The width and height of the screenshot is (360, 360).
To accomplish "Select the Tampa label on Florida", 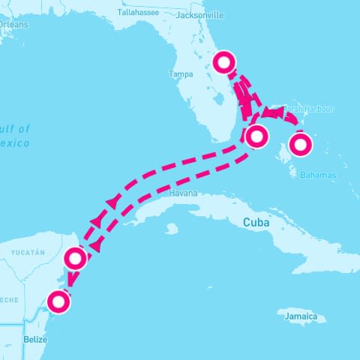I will pyautogui.click(x=181, y=74).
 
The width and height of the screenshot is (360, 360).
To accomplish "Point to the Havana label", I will pyautogui.click(x=183, y=193).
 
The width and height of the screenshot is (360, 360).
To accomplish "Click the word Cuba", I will pyautogui.click(x=256, y=222).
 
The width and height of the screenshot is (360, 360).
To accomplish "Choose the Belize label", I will pyautogui.click(x=35, y=339).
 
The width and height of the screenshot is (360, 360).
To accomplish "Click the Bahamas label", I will pyautogui.click(x=318, y=175).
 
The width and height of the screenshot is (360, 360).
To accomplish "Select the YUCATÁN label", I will pyautogui.click(x=30, y=252).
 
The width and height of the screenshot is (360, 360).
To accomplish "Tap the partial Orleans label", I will pyautogui.click(x=13, y=24).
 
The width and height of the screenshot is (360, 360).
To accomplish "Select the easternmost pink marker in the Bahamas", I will pyautogui.click(x=300, y=142).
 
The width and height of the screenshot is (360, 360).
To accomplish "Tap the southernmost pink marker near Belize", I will pyautogui.click(x=58, y=302).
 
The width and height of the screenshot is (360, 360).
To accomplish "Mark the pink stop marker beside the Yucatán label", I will pyautogui.click(x=76, y=259).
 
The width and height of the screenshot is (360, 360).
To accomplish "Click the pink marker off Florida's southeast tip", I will pyautogui.click(x=256, y=136).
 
